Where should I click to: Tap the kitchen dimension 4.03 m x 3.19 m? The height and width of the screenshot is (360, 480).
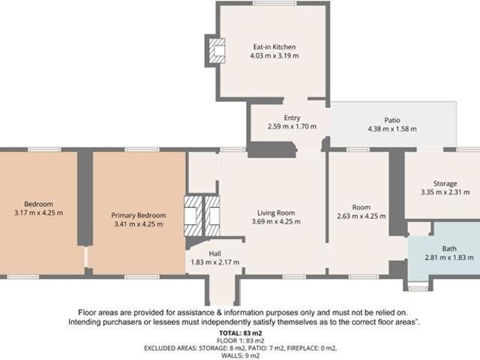[x=274, y=55]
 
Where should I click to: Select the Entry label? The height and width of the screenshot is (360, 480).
[x=292, y=118]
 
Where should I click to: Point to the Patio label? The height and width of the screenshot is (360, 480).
[x=391, y=120]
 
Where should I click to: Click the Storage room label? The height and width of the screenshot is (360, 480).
[x=445, y=184]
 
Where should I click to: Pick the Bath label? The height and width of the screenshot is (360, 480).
[x=448, y=248]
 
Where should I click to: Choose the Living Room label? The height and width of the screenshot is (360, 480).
[x=276, y=212]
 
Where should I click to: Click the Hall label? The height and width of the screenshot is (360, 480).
[x=214, y=253]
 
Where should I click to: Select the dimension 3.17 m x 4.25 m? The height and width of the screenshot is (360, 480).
[x=37, y=213]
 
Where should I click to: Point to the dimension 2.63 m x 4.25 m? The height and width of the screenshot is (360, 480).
[x=361, y=216]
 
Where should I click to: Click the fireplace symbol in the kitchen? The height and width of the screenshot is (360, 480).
[x=217, y=49]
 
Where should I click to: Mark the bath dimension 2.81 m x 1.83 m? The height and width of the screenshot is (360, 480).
[x=448, y=258]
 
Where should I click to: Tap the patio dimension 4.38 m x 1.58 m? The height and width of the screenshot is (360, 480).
[x=391, y=129]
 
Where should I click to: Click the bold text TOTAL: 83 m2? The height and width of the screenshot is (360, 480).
[x=239, y=332]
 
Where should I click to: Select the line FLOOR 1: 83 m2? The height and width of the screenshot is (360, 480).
[x=239, y=340]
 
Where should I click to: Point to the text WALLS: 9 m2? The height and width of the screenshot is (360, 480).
[x=239, y=355]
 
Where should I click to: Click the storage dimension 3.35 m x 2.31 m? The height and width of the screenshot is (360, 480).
[x=445, y=193]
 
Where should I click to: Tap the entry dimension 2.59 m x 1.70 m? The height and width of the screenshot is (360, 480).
[x=292, y=127]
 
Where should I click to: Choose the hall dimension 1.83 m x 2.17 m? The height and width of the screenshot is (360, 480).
[x=214, y=262]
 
